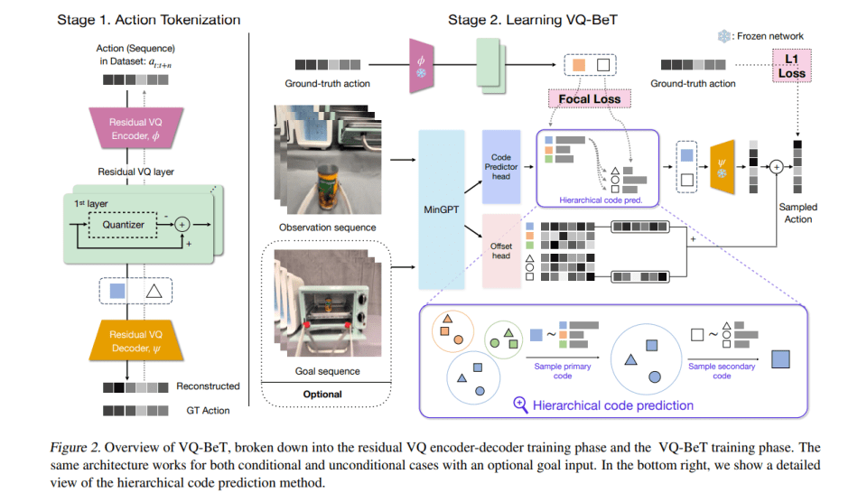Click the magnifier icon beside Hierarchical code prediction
520,404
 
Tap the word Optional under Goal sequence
322,394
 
